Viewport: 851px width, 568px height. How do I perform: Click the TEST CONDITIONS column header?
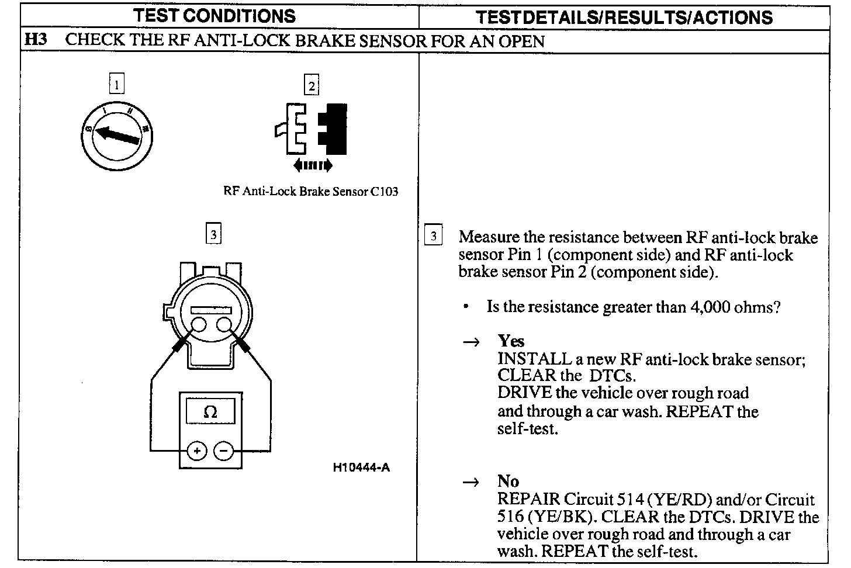click(x=215, y=15)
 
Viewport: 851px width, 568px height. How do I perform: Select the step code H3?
click(x=36, y=41)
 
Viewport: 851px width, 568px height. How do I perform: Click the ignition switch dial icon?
click(x=119, y=135)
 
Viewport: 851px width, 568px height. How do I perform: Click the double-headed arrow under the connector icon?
click(x=313, y=165)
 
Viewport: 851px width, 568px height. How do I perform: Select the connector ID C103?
click(x=385, y=192)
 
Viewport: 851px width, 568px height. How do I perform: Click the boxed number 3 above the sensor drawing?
click(x=213, y=234)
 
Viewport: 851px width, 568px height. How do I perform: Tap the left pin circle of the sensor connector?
click(x=198, y=325)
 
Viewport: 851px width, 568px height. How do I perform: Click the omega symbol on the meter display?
click(x=210, y=412)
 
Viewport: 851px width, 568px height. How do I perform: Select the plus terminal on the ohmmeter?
click(x=197, y=451)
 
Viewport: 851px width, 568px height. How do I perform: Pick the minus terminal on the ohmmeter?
click(x=223, y=451)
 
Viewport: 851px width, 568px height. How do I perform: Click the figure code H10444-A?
click(x=361, y=467)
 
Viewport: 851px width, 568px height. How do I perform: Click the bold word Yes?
click(x=511, y=341)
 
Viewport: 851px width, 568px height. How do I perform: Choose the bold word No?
click(x=508, y=482)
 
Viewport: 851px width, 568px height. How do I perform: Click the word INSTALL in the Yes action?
click(x=534, y=359)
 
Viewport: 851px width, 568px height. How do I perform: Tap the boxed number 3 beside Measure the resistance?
click(x=433, y=236)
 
